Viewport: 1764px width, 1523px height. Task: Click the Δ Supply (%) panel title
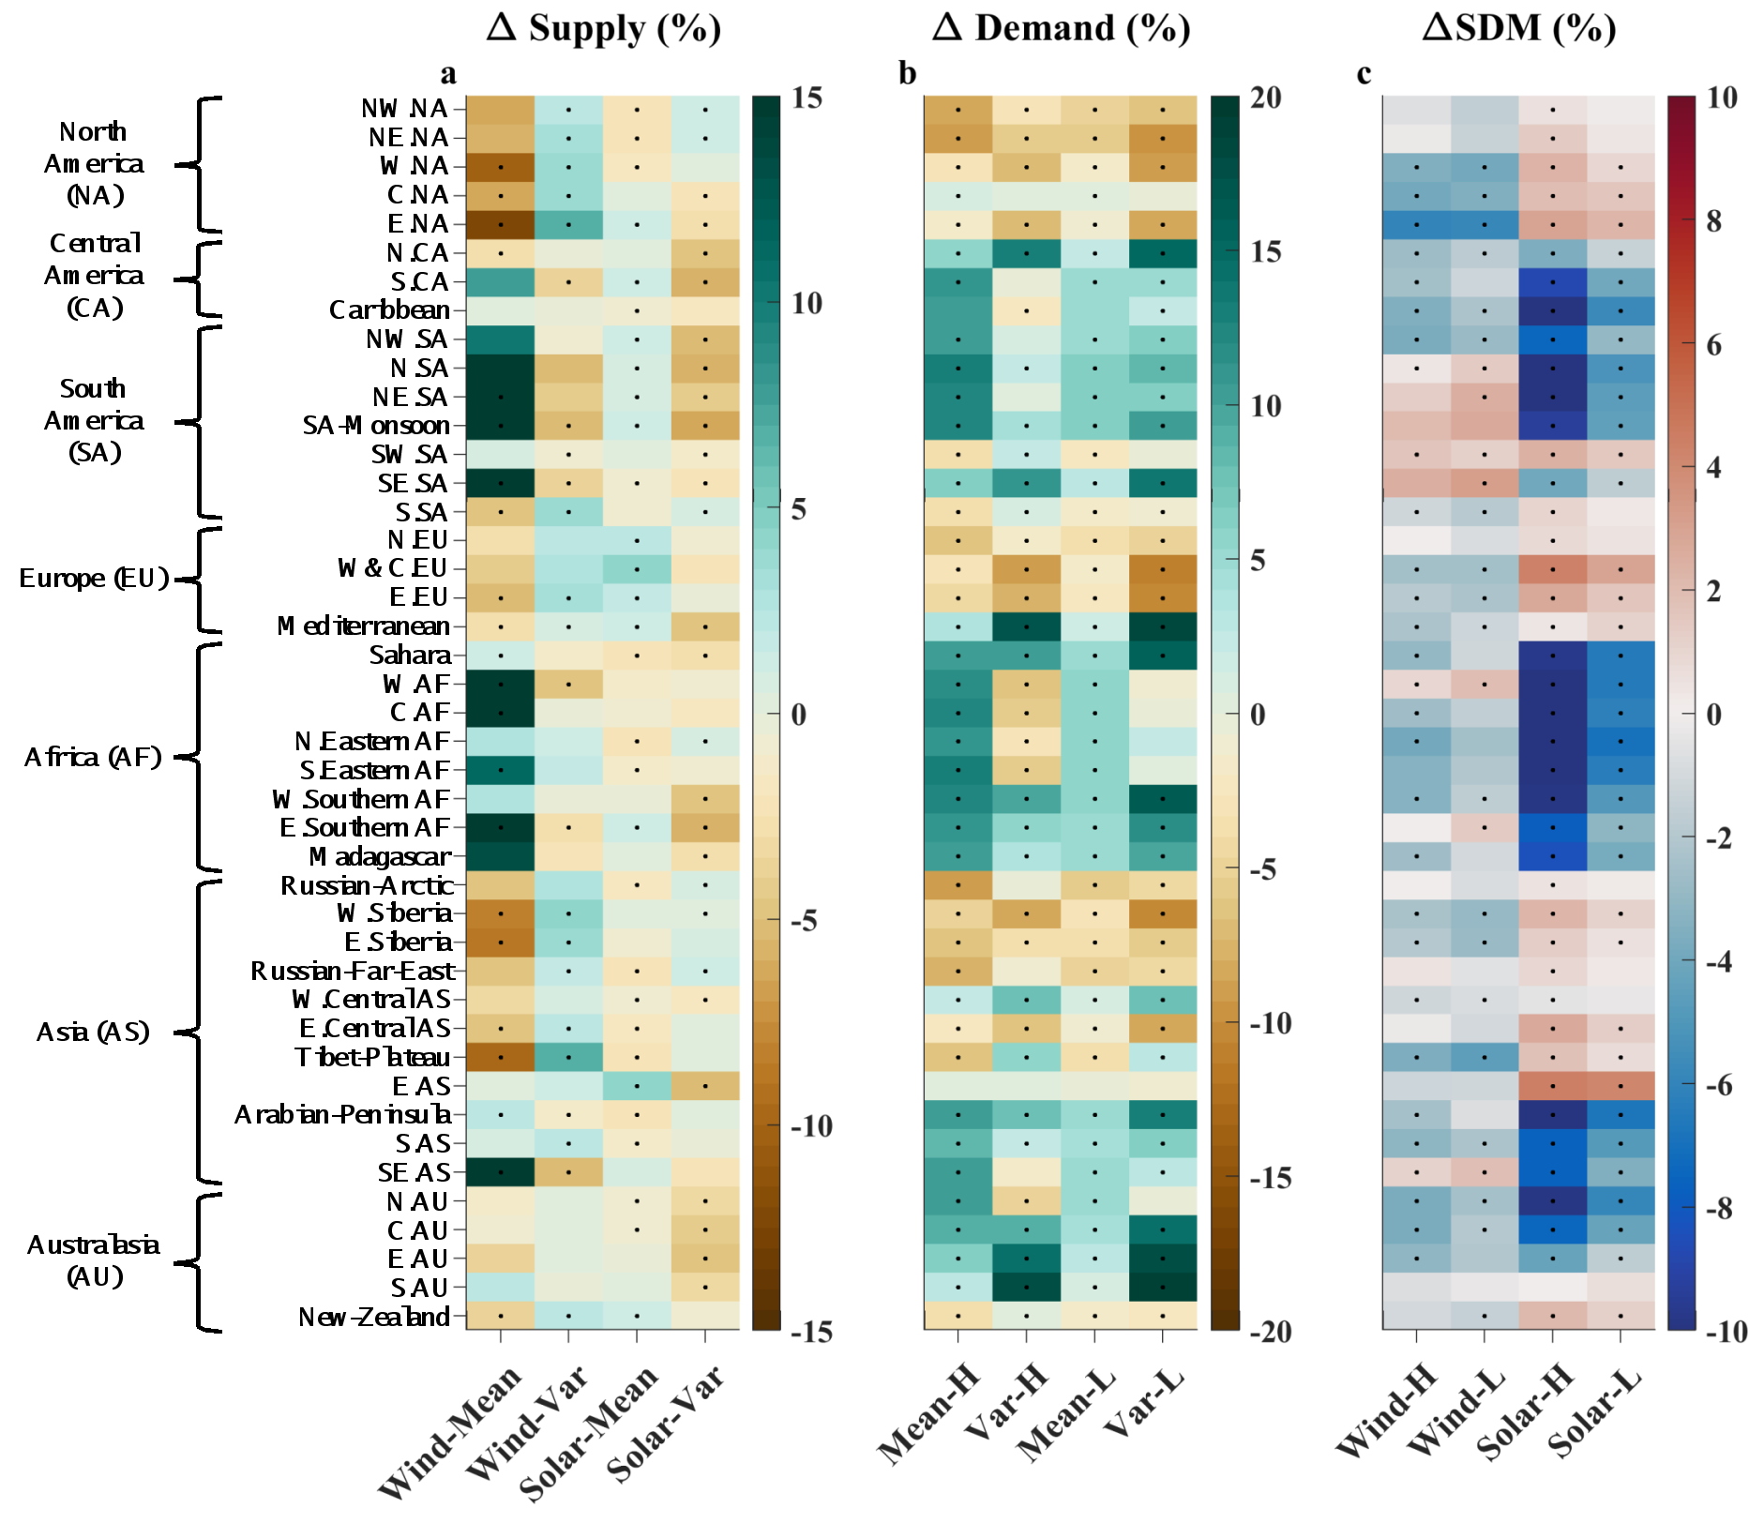tap(604, 28)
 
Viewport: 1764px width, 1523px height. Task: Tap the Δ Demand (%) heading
tap(1061, 28)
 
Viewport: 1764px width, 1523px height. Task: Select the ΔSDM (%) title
tap(1519, 28)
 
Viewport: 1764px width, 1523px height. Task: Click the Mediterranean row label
tap(364, 626)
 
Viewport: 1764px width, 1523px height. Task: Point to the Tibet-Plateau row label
tap(372, 1057)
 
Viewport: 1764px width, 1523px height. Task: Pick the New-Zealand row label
tap(374, 1317)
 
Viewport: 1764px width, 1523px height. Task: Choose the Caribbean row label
tap(389, 309)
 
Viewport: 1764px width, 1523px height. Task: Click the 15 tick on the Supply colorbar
tap(807, 98)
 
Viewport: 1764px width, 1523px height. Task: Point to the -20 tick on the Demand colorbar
tap(1271, 1331)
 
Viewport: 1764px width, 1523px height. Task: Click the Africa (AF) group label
tap(93, 757)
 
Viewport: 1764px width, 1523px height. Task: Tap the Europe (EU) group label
tap(94, 578)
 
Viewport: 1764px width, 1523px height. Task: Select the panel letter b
tap(907, 73)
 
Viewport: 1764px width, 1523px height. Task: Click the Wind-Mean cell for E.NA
tap(501, 224)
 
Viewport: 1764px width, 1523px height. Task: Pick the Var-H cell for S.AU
tap(1027, 1288)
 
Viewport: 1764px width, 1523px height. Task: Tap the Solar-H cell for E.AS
tap(1553, 1086)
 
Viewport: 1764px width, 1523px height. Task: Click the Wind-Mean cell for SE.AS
tap(501, 1172)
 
